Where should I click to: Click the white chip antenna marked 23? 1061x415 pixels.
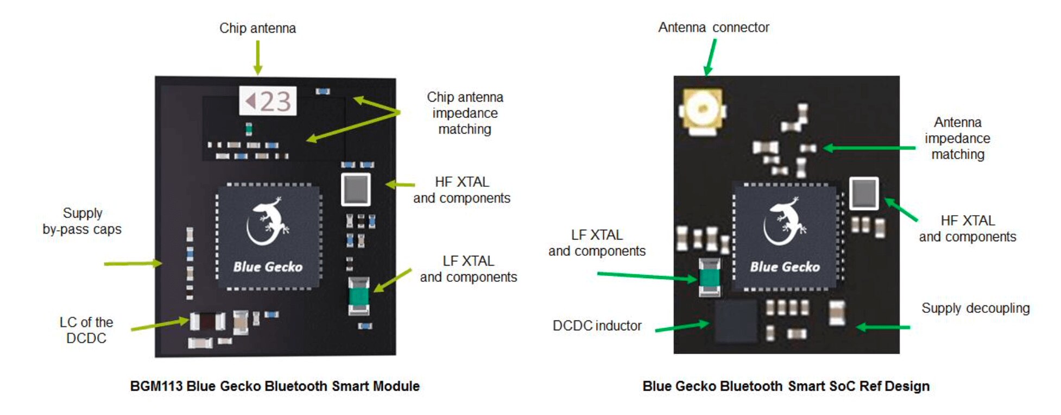point(268,101)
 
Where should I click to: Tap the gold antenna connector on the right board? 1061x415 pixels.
point(702,111)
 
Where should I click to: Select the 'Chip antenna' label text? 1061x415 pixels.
point(257,28)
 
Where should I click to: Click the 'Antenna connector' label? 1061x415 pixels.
point(713,27)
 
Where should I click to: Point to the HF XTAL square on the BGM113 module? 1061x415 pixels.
point(356,190)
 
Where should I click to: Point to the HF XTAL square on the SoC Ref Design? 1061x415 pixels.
point(863,193)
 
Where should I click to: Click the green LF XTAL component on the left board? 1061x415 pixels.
point(358,296)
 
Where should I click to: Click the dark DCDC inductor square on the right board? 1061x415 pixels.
point(735,321)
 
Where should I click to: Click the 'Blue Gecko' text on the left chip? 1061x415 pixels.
point(268,267)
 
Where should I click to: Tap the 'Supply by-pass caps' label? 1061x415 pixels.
point(82,221)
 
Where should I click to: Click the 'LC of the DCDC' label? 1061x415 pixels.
point(86,330)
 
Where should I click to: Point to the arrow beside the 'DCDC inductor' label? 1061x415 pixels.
point(682,326)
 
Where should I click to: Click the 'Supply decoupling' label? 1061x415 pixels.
point(975,308)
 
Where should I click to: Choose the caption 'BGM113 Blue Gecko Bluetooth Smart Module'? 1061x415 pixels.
point(275,386)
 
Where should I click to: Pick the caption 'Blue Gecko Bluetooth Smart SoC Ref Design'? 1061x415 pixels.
point(786,386)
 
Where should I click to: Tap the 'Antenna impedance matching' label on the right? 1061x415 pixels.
point(957,138)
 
